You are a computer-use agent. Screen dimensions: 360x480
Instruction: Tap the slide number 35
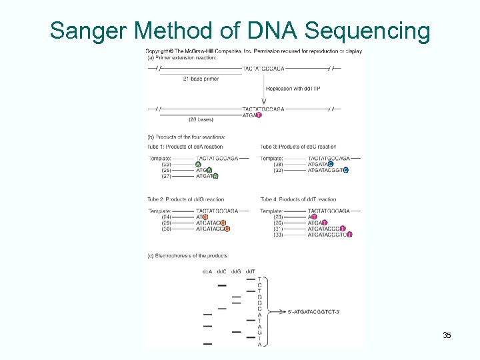pos(447,335)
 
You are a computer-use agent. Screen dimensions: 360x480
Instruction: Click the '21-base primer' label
pos(201,79)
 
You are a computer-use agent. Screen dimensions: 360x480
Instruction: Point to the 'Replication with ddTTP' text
pos(293,89)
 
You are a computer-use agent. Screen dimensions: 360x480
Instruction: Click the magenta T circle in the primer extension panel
pos(259,115)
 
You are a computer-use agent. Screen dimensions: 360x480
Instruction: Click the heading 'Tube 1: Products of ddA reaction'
pos(185,146)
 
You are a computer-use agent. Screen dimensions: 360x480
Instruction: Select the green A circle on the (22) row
pos(198,165)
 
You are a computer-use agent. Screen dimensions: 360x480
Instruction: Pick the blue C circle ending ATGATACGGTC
pos(345,171)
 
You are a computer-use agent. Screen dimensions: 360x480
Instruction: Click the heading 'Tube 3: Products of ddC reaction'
pos(298,146)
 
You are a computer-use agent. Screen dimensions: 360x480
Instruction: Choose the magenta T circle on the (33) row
pos(349,235)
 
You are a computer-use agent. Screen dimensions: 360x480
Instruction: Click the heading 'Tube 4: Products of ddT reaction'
pos(298,199)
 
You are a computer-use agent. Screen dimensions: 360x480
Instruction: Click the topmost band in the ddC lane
pos(222,285)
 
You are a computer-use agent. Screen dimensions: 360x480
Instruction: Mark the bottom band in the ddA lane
pos(207,344)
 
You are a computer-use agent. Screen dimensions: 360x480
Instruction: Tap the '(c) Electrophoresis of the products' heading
pos(188,255)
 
